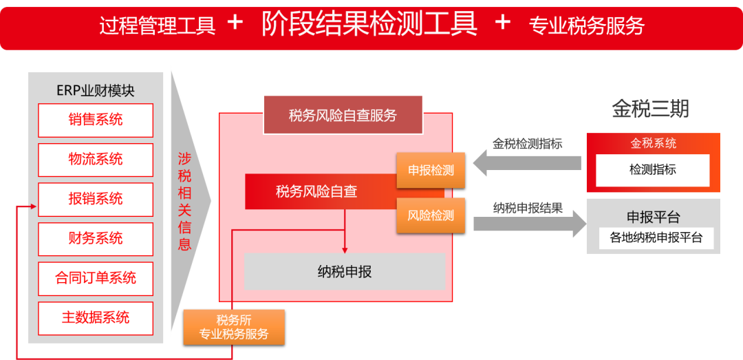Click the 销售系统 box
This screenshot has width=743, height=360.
pos(96,120)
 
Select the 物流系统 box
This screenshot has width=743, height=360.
pos(96,160)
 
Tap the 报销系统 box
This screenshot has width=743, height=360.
pos(96,199)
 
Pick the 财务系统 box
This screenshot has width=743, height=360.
pos(96,239)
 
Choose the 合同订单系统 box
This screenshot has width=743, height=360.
pos(96,278)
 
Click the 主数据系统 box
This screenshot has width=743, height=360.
pos(96,318)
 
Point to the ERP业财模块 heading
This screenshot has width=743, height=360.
pos(96,90)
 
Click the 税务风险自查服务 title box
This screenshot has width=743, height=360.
pos(343,115)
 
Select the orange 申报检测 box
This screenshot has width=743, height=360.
pos(431,170)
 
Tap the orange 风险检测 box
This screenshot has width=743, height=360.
pos(431,215)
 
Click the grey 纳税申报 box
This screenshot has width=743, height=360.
pos(345,271)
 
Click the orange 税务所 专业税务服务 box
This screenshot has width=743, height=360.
pos(233,327)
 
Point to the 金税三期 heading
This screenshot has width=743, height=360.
pos(650,109)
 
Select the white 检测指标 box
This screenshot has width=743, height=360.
pos(652,170)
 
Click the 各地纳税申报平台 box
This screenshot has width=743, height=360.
pos(656,238)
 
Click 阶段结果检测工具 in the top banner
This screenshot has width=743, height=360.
pos(369,24)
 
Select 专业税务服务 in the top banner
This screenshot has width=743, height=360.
pos(586,25)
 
